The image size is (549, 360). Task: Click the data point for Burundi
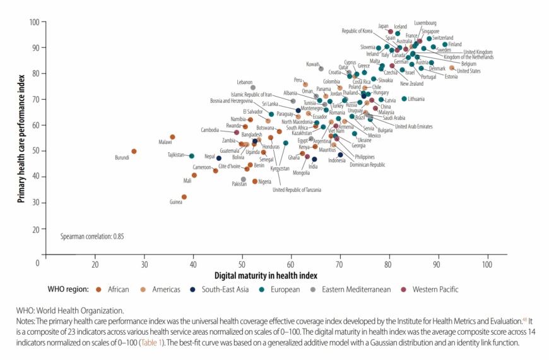134,152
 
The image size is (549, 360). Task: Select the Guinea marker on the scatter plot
184,197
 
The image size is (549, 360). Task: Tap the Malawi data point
172,137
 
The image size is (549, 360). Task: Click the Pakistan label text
239,184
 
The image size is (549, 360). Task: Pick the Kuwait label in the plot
313,64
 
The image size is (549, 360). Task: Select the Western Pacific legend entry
435,290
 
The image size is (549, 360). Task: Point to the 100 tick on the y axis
35,22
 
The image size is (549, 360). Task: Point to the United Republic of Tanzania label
297,190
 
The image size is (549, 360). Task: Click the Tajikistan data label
175,155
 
